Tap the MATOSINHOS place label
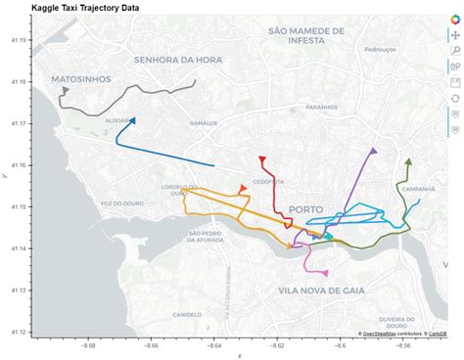(x=81, y=77)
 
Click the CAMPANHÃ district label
(x=418, y=189)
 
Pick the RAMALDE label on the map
(x=204, y=124)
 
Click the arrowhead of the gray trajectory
(x=65, y=91)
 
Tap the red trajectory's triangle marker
(x=261, y=158)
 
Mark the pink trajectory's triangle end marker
(x=324, y=273)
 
